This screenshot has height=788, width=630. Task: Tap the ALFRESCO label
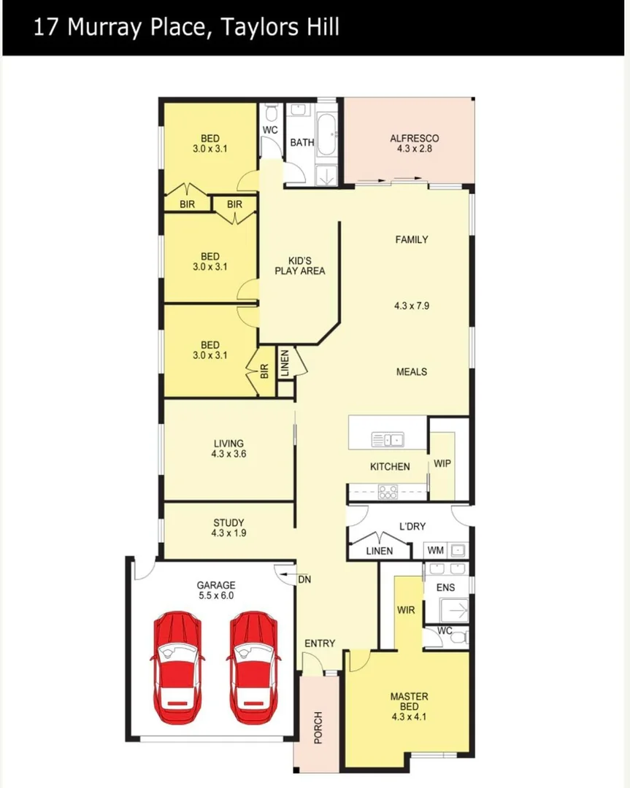(x=414, y=138)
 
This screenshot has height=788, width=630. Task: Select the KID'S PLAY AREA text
(x=299, y=266)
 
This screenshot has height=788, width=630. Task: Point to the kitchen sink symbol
(x=388, y=439)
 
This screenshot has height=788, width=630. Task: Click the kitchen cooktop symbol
(x=388, y=492)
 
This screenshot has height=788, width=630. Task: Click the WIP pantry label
(x=442, y=463)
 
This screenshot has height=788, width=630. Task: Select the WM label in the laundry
(x=436, y=550)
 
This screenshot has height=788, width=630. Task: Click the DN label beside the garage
(x=305, y=579)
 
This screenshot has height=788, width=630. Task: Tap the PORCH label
(x=318, y=727)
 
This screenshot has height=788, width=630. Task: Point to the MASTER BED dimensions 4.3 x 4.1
(x=409, y=717)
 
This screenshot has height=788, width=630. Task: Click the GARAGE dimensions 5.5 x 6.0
(x=216, y=595)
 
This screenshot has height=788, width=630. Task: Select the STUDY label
(x=228, y=522)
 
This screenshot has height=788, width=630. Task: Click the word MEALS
(x=411, y=371)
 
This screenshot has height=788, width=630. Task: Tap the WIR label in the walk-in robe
(x=406, y=609)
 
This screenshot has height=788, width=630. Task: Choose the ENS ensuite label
(x=445, y=587)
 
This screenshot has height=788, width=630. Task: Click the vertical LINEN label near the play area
(x=285, y=363)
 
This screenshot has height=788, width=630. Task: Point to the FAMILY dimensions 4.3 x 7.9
(x=411, y=306)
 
